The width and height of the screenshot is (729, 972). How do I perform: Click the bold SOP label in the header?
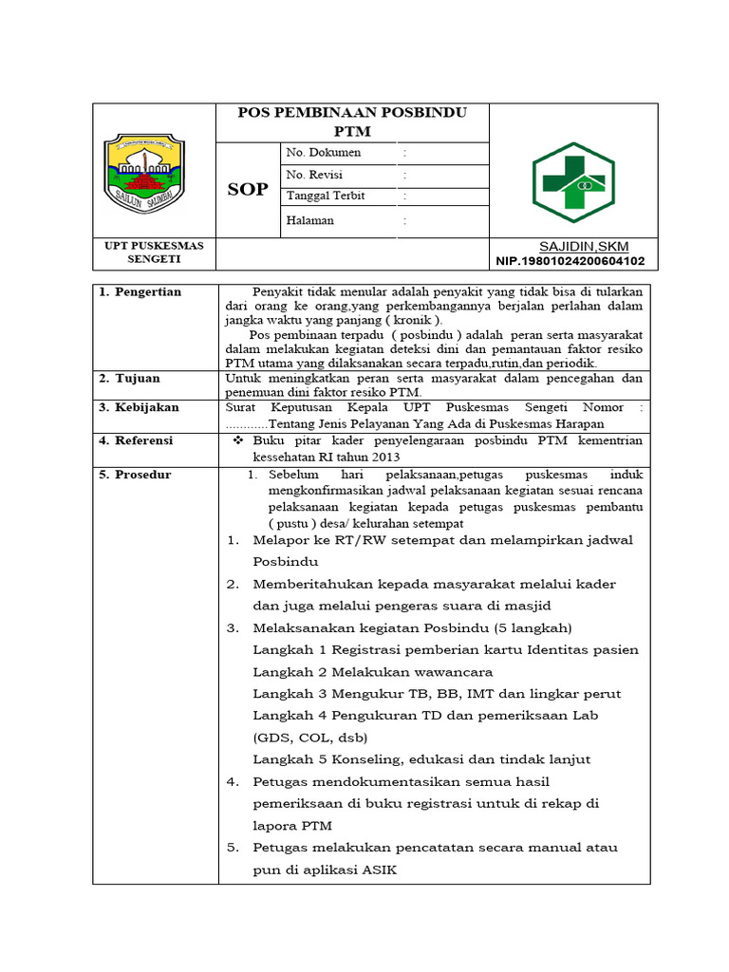[248, 190]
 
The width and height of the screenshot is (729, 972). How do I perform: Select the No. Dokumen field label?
[324, 152]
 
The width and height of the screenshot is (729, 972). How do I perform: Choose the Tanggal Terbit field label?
[326, 196]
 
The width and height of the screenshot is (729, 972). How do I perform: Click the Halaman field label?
[309, 220]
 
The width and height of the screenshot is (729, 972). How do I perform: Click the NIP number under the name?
[570, 261]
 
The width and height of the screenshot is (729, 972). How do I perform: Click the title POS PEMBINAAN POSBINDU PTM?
[352, 121]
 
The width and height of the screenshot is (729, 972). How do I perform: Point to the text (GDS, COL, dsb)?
[310, 738]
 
